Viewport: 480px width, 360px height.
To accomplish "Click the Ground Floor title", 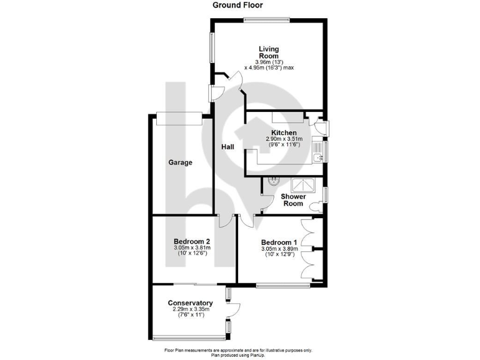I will [x=240, y=6].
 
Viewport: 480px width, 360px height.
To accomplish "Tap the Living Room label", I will [x=269, y=52].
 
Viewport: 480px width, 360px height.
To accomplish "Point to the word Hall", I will [x=227, y=147].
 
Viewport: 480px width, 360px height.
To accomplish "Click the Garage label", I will [x=180, y=162].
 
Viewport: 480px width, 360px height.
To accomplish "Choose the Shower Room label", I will [x=293, y=199].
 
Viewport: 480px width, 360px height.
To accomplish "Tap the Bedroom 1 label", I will [x=279, y=242].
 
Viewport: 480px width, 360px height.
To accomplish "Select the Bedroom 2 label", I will [x=192, y=242].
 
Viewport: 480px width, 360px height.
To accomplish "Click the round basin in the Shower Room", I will [x=272, y=182].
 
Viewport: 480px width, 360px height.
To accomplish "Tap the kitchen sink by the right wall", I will [x=318, y=151].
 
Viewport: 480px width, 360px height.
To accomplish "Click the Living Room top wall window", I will [x=267, y=21].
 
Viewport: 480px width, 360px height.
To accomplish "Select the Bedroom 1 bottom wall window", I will [x=283, y=286].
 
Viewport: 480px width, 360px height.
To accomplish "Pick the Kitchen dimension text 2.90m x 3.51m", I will [x=284, y=139].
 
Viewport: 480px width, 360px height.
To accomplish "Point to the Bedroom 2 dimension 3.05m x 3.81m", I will [x=192, y=248].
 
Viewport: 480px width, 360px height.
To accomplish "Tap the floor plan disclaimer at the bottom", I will [x=240, y=352].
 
